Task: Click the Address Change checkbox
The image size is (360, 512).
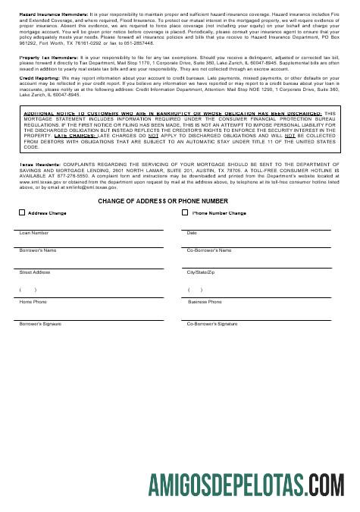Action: (22, 213)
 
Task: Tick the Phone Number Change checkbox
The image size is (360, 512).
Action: (185, 213)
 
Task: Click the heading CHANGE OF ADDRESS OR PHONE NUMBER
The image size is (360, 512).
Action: (162, 201)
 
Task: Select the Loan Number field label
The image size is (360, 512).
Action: (33, 233)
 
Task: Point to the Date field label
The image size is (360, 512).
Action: (192, 233)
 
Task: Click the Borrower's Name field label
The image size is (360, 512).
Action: (38, 250)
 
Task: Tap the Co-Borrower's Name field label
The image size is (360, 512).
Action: (209, 250)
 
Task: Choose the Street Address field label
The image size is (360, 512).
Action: (35, 272)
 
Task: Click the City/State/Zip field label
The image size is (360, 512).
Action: (202, 272)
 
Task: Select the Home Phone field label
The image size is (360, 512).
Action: (33, 302)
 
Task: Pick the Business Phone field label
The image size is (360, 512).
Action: (205, 302)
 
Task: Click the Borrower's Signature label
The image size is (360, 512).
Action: (40, 324)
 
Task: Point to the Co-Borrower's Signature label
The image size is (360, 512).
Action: (212, 324)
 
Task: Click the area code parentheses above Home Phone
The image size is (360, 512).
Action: (27, 290)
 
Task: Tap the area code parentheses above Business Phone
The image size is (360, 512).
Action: (195, 290)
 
